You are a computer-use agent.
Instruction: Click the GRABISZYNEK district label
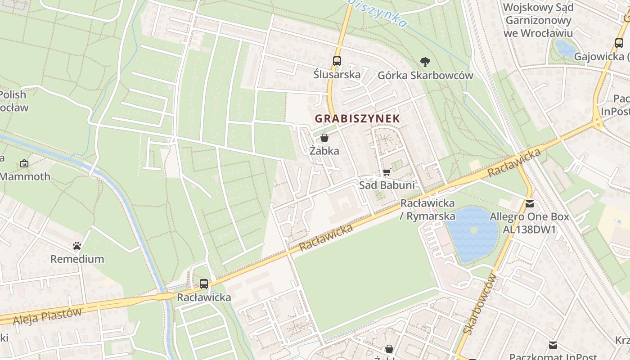pyautogui.click(x=357, y=119)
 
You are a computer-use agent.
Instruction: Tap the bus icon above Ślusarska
pyautogui.click(x=337, y=61)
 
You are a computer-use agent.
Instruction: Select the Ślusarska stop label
pyautogui.click(x=337, y=74)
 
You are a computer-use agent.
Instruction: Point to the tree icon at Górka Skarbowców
pyautogui.click(x=425, y=62)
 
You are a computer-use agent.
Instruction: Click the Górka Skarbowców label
pyautogui.click(x=425, y=75)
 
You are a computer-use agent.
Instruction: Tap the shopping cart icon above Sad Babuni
pyautogui.click(x=387, y=172)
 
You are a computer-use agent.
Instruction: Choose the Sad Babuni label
pyautogui.click(x=387, y=185)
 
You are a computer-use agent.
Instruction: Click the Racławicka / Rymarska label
pyautogui.click(x=427, y=210)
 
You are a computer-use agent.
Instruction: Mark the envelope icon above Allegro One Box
pyautogui.click(x=530, y=204)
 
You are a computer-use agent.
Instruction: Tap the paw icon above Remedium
pyautogui.click(x=77, y=246)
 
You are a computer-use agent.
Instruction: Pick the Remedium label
pyautogui.click(x=77, y=259)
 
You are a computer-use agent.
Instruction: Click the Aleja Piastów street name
pyautogui.click(x=47, y=316)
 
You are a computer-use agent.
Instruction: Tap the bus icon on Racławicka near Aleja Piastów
pyautogui.click(x=204, y=284)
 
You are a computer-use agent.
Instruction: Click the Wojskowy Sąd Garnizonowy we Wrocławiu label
pyautogui.click(x=538, y=20)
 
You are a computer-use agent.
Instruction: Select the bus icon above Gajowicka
pyautogui.click(x=619, y=44)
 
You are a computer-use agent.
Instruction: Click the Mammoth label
pyautogui.click(x=25, y=176)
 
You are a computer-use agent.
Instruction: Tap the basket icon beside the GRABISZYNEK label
pyautogui.click(x=324, y=138)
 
